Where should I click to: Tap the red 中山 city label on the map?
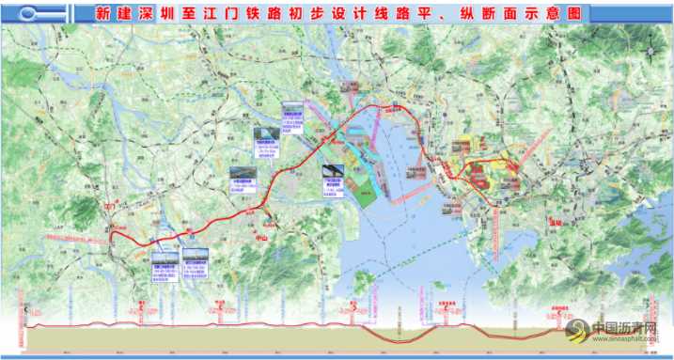[262, 239]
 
